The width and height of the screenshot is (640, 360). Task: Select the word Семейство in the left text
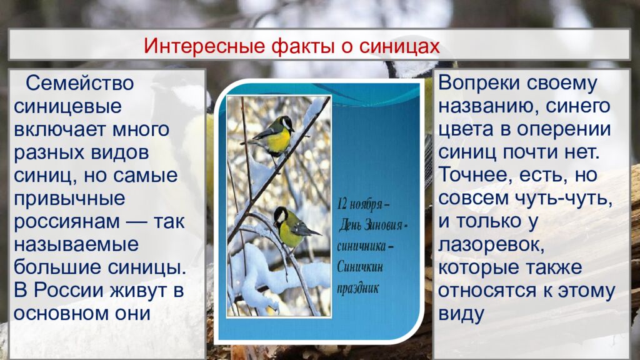click(x=79, y=82)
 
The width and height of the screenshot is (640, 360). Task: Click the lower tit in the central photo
click(x=292, y=226)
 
